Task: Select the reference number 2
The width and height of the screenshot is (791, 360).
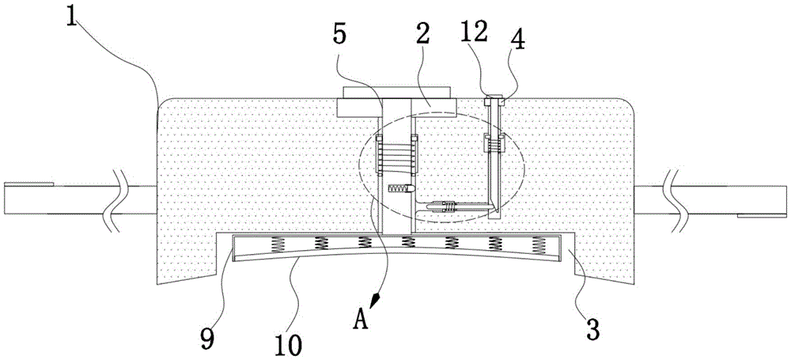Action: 422,35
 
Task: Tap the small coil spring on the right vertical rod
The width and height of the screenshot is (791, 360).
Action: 494,145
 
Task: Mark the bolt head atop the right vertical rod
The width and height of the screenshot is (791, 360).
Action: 494,101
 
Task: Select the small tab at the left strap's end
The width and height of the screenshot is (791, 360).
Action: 28,184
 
